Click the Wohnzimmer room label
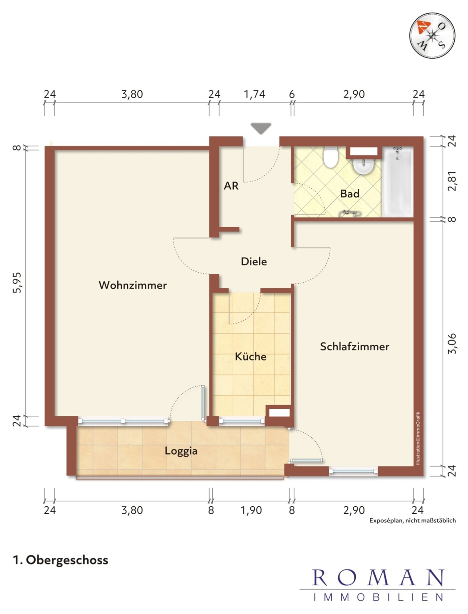tap(133, 285)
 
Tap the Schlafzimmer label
tap(354, 346)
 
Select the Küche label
tap(250, 356)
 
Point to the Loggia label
tap(181, 451)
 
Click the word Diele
tap(254, 262)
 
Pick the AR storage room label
tap(231, 186)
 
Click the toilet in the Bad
tap(331, 157)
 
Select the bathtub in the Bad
tap(397, 182)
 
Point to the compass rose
tap(432, 35)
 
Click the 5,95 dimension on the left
tap(17, 283)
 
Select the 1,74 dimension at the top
tap(254, 95)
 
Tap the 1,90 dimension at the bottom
tap(251, 510)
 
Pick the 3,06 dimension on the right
tap(452, 343)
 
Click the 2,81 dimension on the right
tap(452, 181)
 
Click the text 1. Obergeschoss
tap(61, 560)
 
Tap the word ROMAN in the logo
tap(378, 578)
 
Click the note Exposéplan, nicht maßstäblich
tap(412, 520)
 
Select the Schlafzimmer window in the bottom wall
tap(353, 471)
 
